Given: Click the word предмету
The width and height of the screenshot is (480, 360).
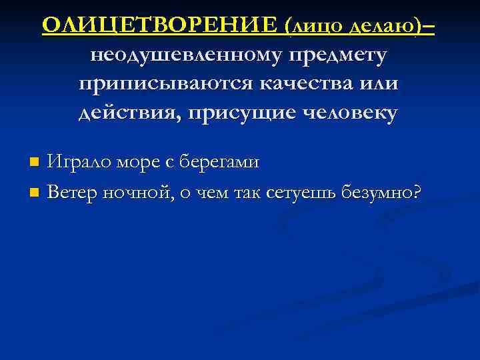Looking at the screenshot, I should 337,57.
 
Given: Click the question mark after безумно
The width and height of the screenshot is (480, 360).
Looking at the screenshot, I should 417,192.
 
